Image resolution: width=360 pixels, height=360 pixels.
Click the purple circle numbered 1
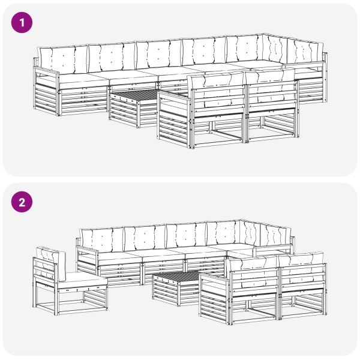coord(22,23)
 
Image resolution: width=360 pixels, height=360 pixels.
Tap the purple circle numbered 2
coord(22,202)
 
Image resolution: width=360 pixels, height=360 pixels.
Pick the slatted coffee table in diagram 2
coord(177,288)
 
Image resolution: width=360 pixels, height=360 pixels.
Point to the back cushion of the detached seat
coord(52,264)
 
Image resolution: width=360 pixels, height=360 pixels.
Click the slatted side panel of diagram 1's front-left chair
coord(174,119)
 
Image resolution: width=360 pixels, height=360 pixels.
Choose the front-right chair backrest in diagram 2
coord(302,273)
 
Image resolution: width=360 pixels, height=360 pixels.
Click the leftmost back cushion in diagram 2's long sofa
coord(102,240)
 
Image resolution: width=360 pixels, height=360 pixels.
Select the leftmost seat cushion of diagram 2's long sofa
coord(119,257)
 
